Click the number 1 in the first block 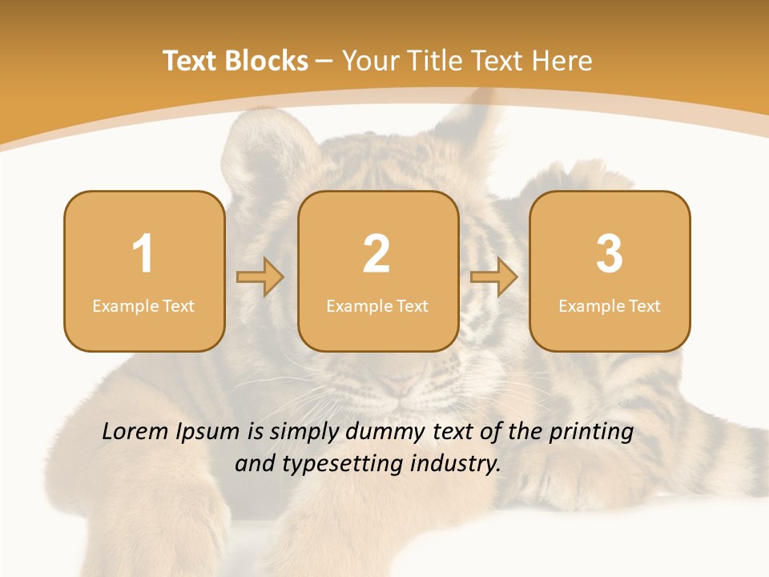pos(143,254)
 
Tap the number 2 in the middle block pos(376,254)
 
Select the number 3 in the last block pos(610,254)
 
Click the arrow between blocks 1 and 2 pos(260,277)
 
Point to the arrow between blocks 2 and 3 pos(494,277)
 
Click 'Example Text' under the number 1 pos(143,305)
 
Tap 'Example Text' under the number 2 pos(377,305)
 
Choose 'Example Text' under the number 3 pos(610,305)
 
